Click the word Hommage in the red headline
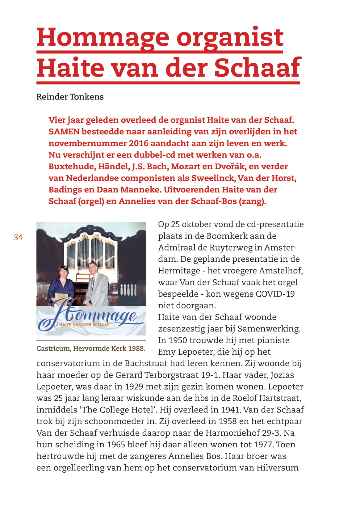[x=103, y=38]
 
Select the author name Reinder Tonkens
[x=70, y=97]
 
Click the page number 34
[x=18, y=237]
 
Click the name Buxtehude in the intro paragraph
[x=72, y=167]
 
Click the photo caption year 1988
[x=136, y=348]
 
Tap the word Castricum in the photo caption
[x=53, y=348]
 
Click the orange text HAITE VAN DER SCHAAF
[x=84, y=325]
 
